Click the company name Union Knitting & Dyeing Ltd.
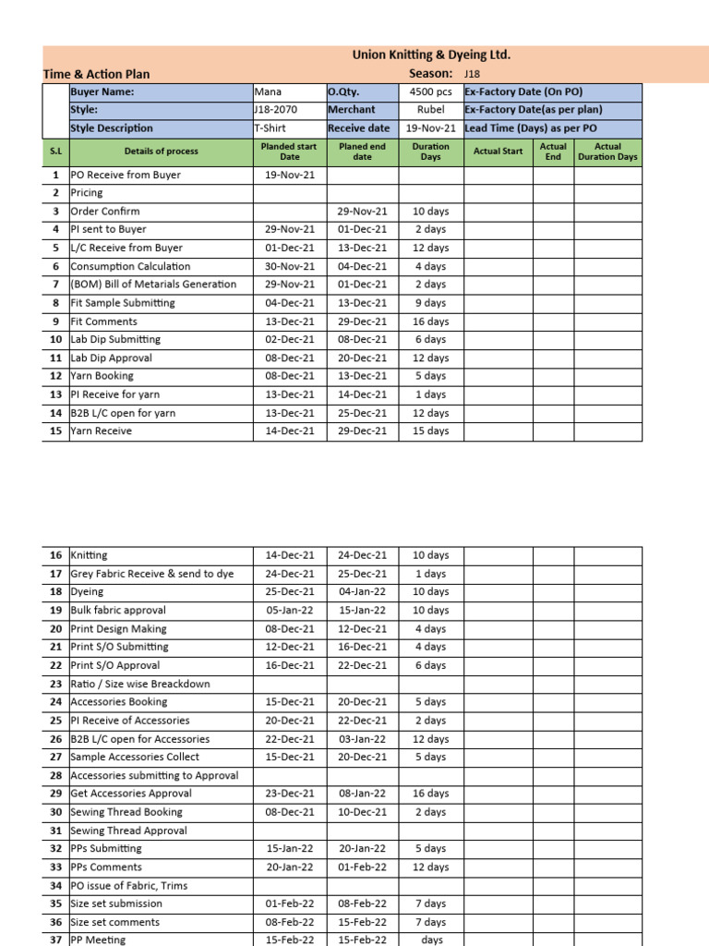431,55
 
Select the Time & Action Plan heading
96,74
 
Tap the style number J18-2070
275,110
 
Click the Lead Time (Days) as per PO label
531,128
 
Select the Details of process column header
162,152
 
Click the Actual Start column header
498,152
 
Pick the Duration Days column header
430,152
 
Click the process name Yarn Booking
102,376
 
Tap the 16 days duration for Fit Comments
430,321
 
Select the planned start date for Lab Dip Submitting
290,340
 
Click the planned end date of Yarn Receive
362,431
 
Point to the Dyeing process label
87,592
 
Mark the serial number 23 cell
55,684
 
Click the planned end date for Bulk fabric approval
362,611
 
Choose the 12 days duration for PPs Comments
430,867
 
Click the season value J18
472,74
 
